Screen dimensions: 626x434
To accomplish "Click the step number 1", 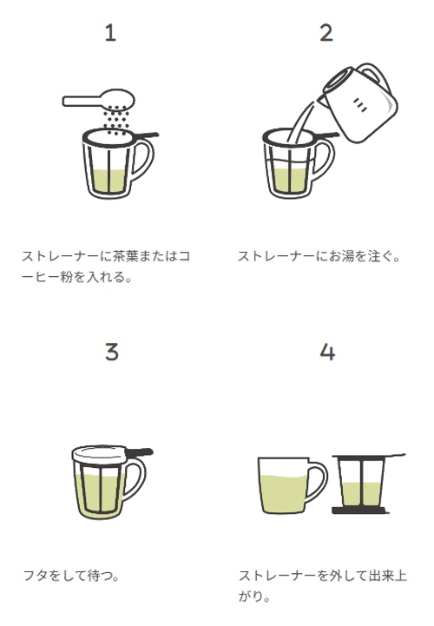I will [109, 34].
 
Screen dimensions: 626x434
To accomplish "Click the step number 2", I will [326, 34].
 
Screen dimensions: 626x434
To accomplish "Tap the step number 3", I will [110, 352].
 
